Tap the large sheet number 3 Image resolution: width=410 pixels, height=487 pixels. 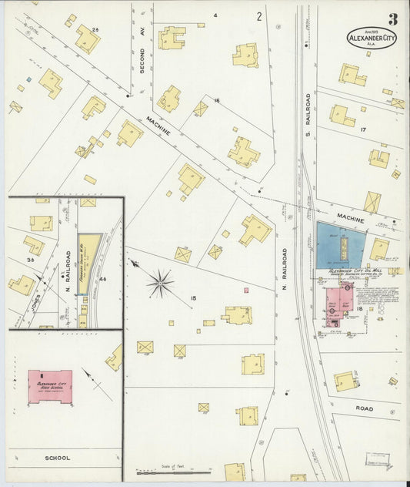(393, 19)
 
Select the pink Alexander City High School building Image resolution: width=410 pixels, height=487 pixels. (50, 385)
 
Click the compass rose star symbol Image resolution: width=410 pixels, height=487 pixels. (160, 283)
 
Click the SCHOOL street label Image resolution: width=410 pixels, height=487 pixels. (57, 458)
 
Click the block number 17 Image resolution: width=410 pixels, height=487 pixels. (363, 130)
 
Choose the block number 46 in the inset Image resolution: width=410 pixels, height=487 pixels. (103, 278)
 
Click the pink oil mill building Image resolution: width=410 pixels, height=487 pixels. (338, 304)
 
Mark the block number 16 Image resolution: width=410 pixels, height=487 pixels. (217, 101)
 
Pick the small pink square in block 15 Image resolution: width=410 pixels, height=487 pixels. (246, 291)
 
